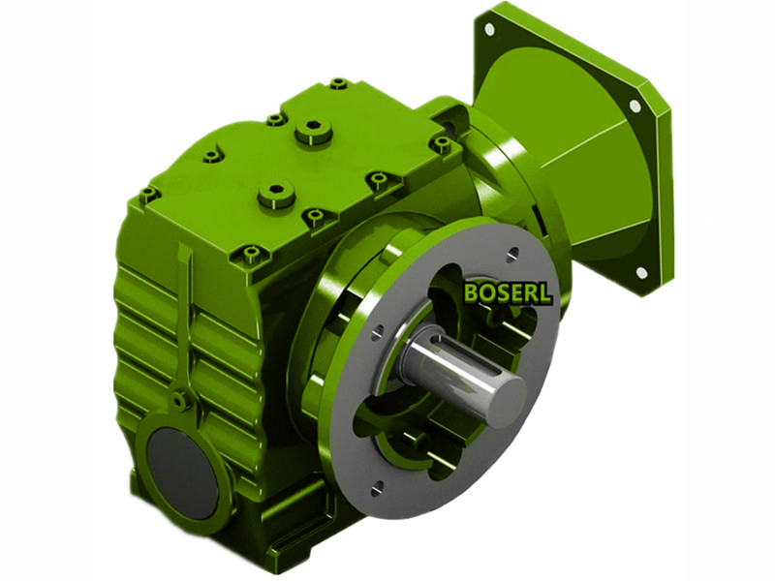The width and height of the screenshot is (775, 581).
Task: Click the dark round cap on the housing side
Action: pos(183,473)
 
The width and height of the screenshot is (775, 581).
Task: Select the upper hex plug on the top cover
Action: pos(313,131)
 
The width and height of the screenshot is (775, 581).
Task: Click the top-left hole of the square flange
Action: pos(489,29)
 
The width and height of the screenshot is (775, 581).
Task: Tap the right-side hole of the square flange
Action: pos(635,106)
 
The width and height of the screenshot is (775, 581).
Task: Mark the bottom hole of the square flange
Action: pos(641,272)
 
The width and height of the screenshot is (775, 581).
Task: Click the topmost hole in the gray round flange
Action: pos(513,254)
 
